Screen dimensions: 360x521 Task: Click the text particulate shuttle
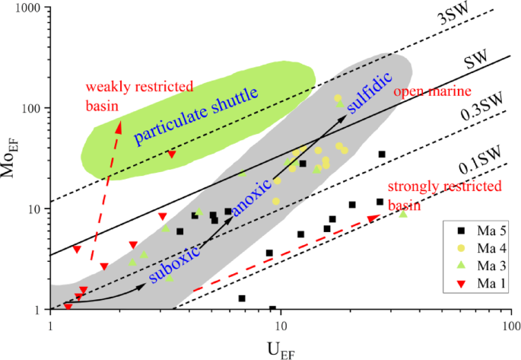click(196, 116)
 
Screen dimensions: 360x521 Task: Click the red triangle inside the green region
click(172, 155)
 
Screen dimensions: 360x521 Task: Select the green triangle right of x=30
click(403, 214)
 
